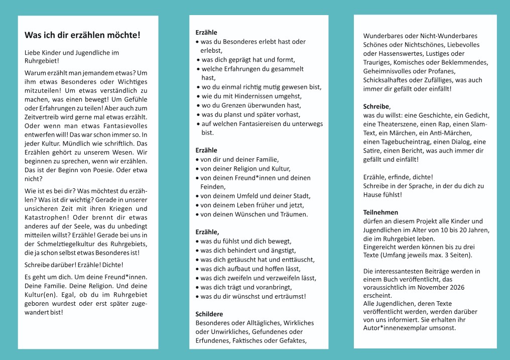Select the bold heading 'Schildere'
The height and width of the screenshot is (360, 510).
(x=209, y=314)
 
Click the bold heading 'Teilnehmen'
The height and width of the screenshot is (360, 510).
(x=380, y=212)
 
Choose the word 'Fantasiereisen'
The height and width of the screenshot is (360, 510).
(x=261, y=124)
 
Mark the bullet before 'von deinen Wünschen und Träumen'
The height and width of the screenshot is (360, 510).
(x=198, y=214)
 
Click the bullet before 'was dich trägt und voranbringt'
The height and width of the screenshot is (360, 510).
(x=198, y=287)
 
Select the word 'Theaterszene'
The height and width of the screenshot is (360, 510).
(x=394, y=124)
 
